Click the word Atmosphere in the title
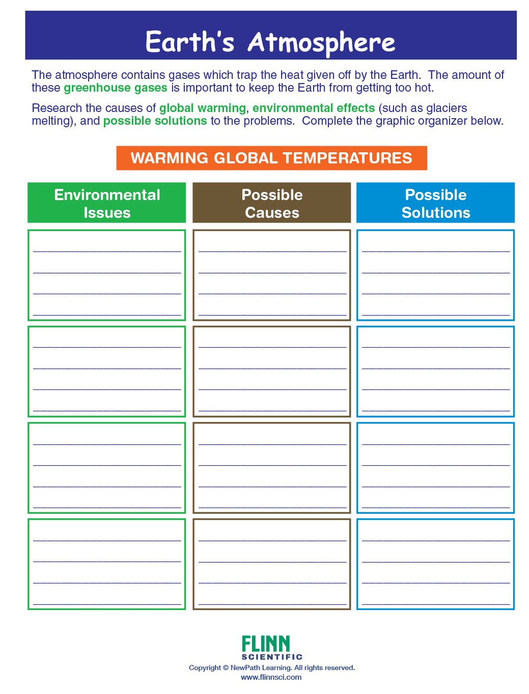point(321,43)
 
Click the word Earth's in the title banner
point(190,42)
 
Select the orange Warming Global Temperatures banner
point(271,158)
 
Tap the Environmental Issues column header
point(107,203)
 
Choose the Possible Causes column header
point(272,203)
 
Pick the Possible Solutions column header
point(435,203)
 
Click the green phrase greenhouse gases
point(116,88)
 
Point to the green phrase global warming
point(203,108)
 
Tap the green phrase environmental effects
point(314,108)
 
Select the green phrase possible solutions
point(155,121)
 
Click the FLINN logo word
point(266,644)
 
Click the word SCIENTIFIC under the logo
point(272,657)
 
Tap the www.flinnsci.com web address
point(271,677)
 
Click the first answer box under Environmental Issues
point(107,275)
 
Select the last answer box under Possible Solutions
point(435,564)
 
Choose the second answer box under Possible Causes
point(272,371)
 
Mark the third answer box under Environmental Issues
point(107,467)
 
